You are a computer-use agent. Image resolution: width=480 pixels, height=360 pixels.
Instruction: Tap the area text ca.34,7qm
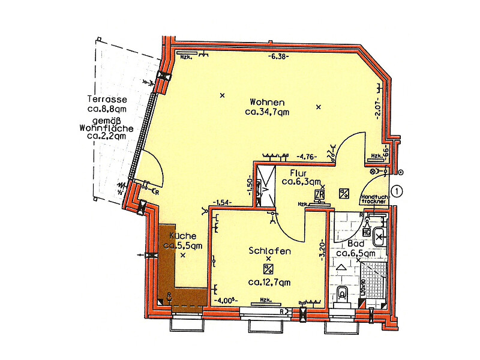tap(268, 112)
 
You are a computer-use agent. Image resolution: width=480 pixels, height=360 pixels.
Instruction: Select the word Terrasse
tap(106, 100)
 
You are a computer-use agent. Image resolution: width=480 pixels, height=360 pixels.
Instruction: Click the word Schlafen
tap(269, 251)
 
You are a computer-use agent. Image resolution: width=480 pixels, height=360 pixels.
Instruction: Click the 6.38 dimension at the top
tap(279, 57)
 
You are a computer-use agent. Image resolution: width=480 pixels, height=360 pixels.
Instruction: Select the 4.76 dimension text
tap(307, 157)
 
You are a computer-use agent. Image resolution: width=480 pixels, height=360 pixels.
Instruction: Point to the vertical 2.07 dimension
tap(378, 112)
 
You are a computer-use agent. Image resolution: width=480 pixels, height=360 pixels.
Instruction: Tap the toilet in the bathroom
tap(343, 294)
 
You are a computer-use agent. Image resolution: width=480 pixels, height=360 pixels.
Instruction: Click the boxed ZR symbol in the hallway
tap(319, 193)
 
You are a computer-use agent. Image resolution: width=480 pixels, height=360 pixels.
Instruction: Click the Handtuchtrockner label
tap(374, 199)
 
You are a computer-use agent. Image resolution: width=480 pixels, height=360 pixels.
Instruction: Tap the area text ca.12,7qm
tap(269, 282)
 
